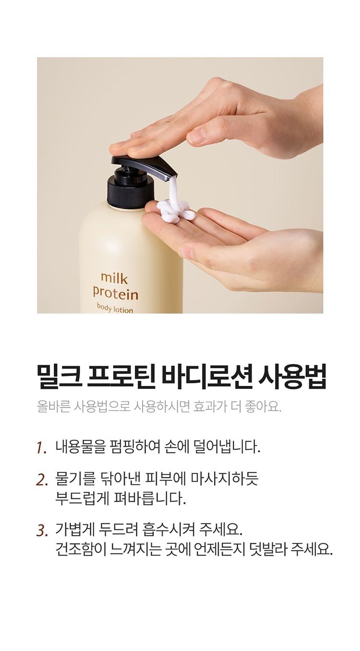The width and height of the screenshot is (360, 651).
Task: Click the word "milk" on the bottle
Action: (x=114, y=278)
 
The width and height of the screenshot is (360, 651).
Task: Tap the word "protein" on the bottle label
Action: (x=115, y=294)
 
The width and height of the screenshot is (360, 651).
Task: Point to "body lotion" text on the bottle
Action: (x=115, y=308)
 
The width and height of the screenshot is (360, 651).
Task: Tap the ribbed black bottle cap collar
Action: (x=131, y=193)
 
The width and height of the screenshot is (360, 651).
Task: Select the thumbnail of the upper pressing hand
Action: (x=197, y=136)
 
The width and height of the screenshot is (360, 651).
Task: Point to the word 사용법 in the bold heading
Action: (x=292, y=376)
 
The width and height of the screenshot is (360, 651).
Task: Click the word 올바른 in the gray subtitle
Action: (x=54, y=407)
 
